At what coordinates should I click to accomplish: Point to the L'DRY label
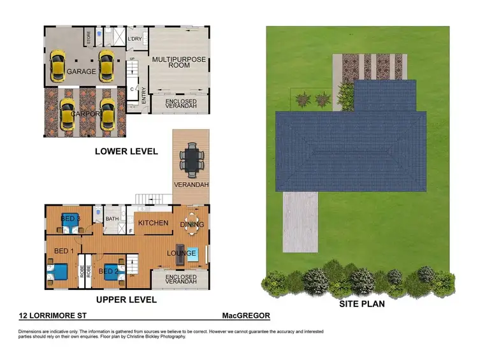[134, 39]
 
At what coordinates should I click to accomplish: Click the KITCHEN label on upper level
[153, 223]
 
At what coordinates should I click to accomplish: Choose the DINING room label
[192, 224]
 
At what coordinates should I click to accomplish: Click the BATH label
[112, 219]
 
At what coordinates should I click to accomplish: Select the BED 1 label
[64, 250]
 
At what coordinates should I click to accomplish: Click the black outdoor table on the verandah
[191, 159]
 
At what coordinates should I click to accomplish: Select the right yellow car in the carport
[107, 113]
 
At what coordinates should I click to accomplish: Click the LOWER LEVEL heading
[126, 151]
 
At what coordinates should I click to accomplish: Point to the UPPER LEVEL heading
[126, 299]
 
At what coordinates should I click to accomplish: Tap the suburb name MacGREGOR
[246, 316]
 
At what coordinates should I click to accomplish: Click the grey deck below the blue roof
[300, 220]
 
